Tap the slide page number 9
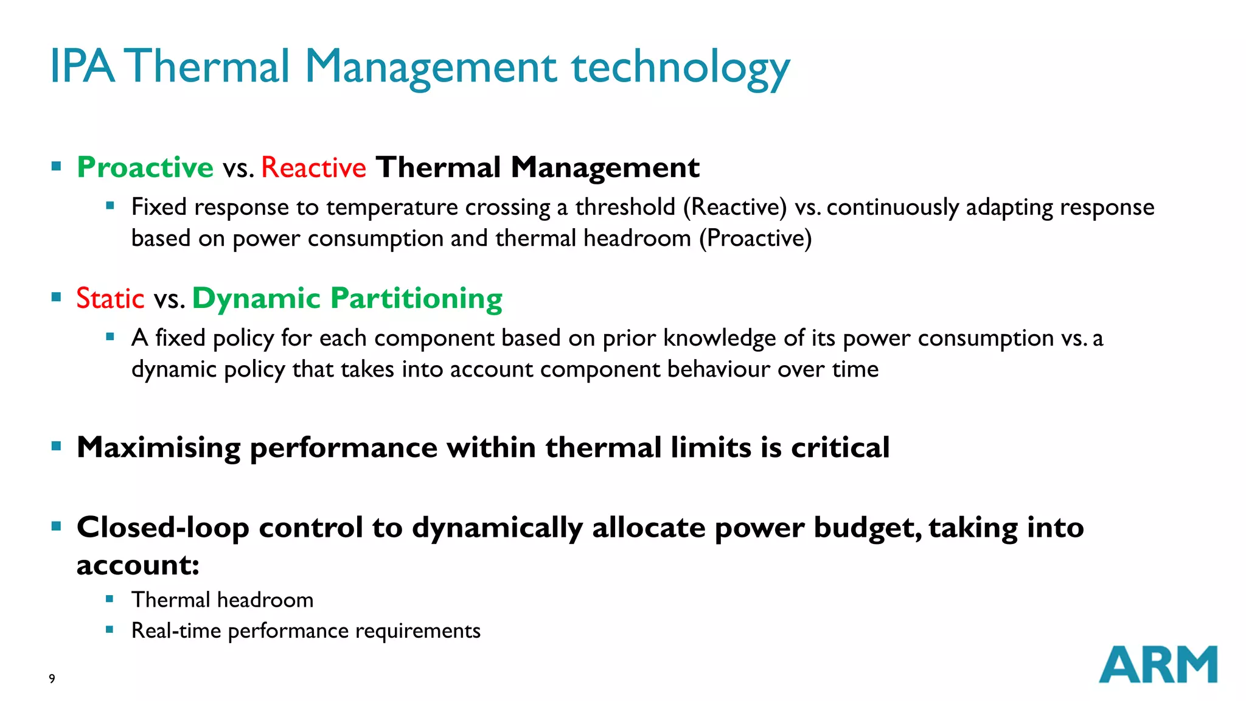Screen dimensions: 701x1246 click(52, 678)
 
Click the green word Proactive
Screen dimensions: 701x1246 click(145, 167)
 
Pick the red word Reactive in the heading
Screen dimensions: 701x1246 click(313, 167)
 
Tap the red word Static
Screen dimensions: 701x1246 click(110, 298)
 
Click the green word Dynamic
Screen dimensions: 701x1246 click(256, 298)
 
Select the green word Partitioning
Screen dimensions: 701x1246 click(416, 298)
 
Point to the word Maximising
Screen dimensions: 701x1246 click(158, 448)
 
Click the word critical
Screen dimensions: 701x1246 click(840, 448)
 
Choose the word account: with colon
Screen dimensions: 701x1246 click(138, 565)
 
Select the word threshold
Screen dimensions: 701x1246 click(625, 207)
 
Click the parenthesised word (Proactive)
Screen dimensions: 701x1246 click(755, 238)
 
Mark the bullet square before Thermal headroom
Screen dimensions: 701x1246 click(110, 599)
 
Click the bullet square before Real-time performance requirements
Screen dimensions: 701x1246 click(110, 630)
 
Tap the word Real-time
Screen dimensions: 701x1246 click(176, 630)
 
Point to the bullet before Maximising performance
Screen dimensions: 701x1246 click(57, 447)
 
